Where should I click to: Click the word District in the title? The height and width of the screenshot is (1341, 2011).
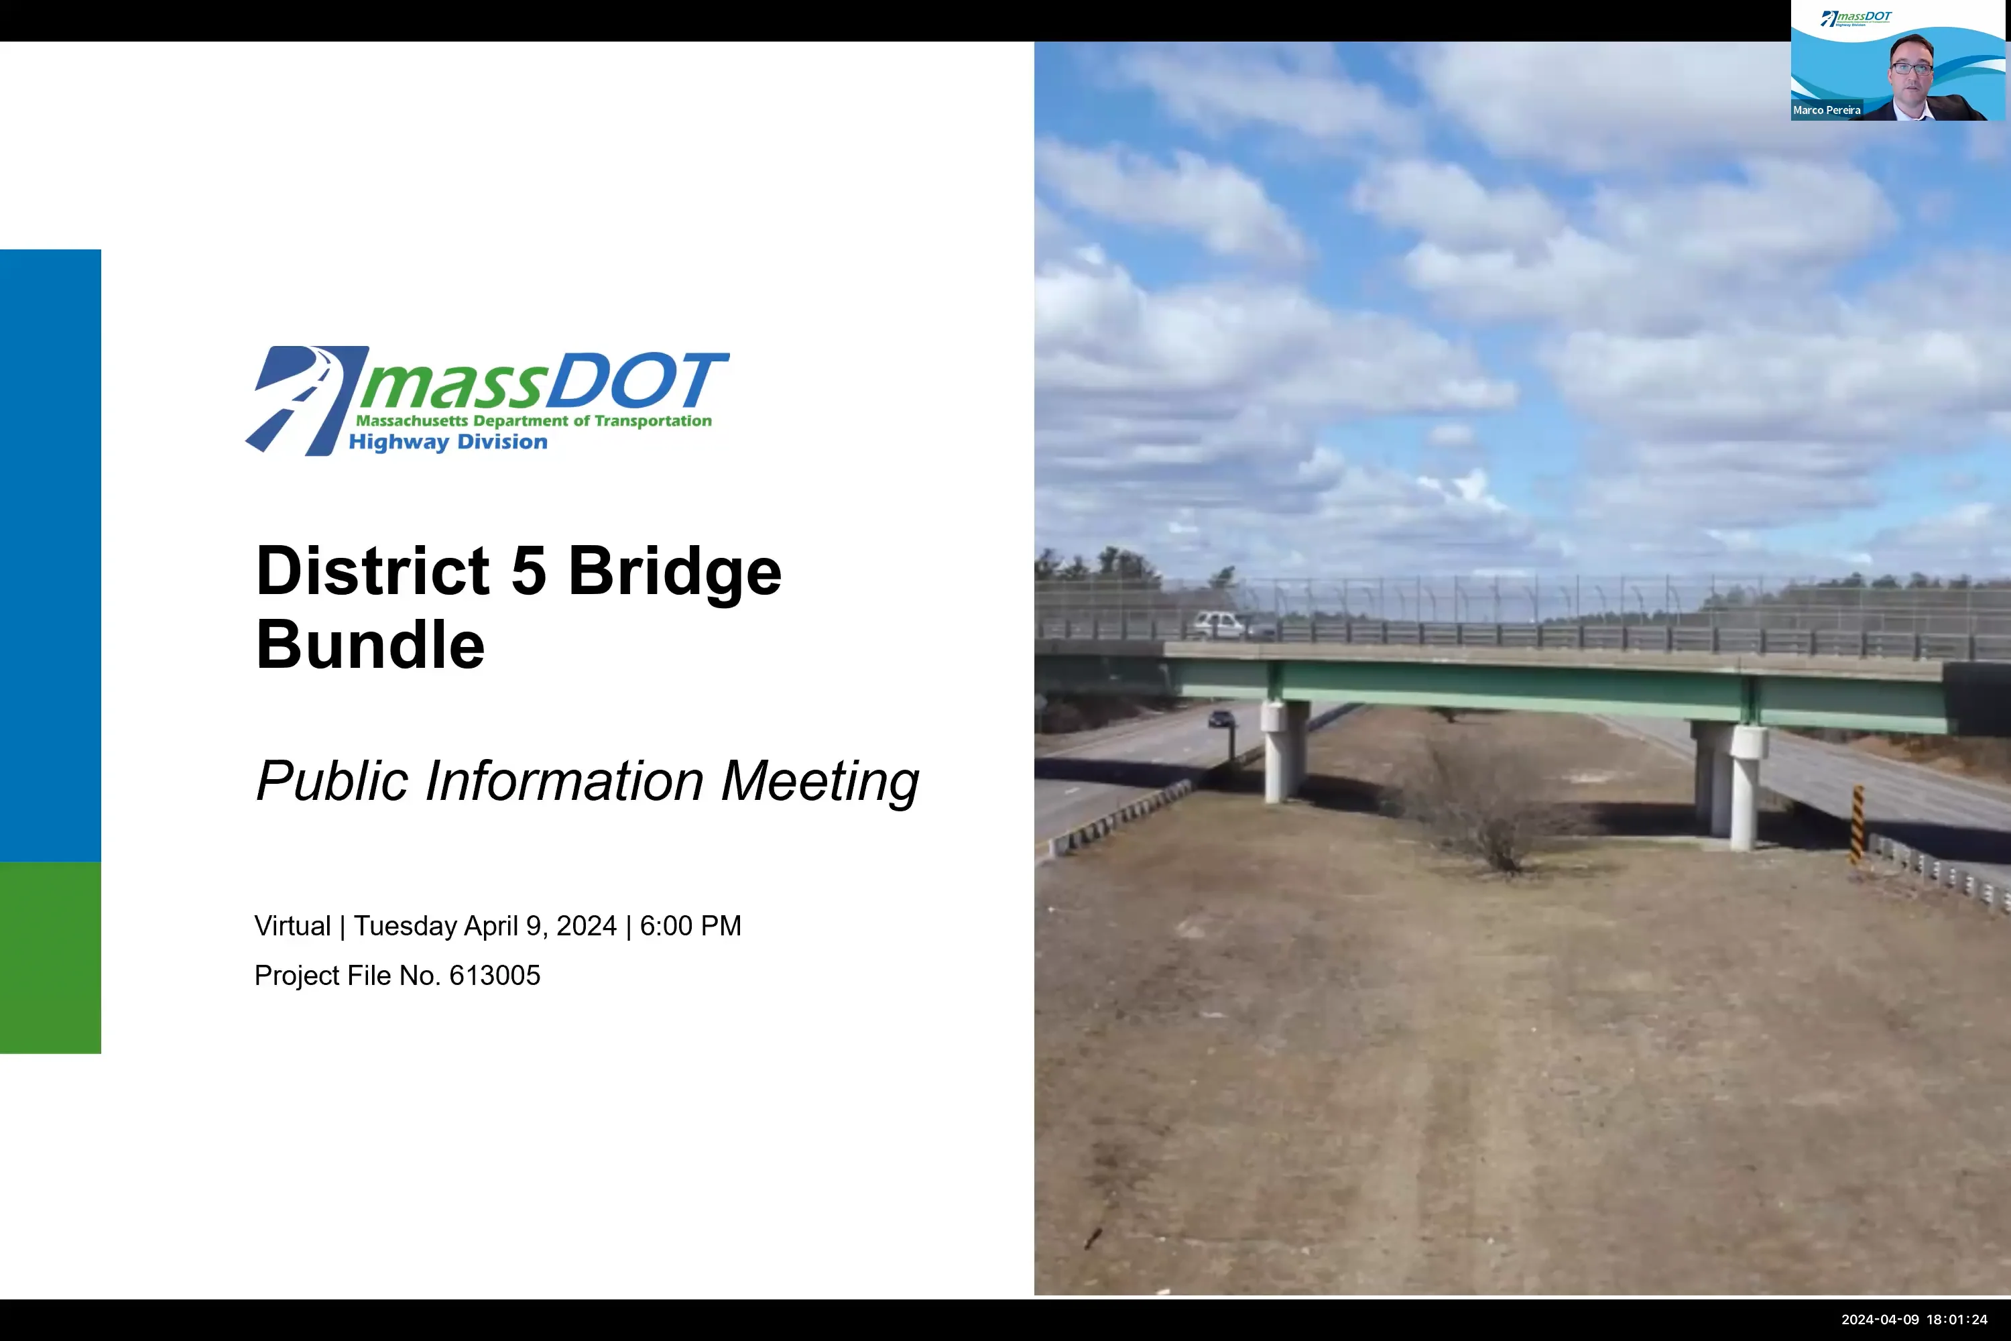tap(373, 571)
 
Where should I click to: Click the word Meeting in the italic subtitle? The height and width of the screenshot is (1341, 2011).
tap(819, 782)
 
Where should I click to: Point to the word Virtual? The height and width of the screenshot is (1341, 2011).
tap(292, 926)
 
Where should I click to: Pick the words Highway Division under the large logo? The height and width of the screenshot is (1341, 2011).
tap(447, 442)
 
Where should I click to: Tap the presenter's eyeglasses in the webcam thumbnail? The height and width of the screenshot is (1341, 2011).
tap(1911, 68)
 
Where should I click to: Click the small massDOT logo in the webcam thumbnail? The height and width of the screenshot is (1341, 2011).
tap(1856, 18)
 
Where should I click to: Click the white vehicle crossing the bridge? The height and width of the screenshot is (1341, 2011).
tap(1219, 624)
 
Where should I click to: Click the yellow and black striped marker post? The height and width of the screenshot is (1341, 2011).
tap(1857, 825)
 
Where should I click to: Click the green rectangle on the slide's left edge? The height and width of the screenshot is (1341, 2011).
tap(50, 958)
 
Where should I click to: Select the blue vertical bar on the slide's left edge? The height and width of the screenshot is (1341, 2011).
tap(50, 556)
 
